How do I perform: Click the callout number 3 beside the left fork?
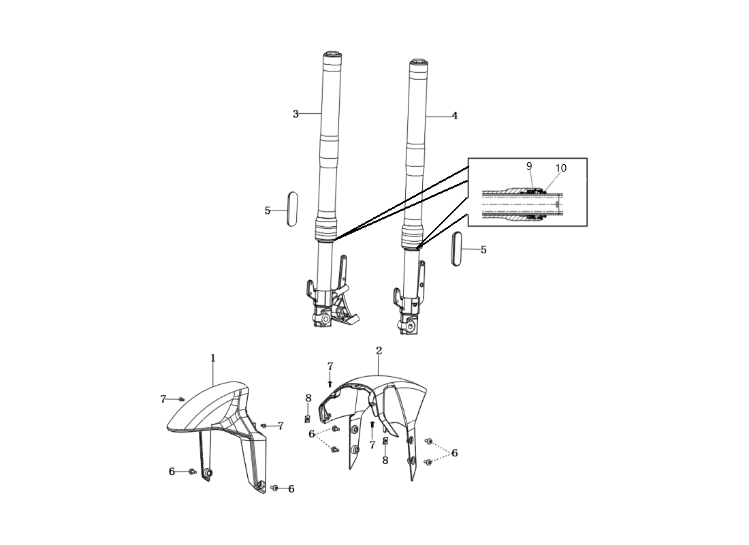(296, 114)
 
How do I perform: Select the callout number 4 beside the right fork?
(455, 116)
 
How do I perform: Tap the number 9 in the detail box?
(529, 166)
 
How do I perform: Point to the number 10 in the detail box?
(561, 168)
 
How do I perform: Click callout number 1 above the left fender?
(213, 358)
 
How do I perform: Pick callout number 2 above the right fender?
(379, 350)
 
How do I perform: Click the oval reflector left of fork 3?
(292, 208)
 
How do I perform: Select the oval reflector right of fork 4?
(457, 249)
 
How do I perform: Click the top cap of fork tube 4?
(418, 63)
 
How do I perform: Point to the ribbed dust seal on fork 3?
(325, 231)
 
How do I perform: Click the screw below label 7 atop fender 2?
(330, 383)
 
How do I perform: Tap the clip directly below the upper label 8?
(308, 419)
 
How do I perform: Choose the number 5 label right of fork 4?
(483, 249)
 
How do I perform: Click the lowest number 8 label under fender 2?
(385, 461)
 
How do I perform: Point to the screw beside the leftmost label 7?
(180, 399)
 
